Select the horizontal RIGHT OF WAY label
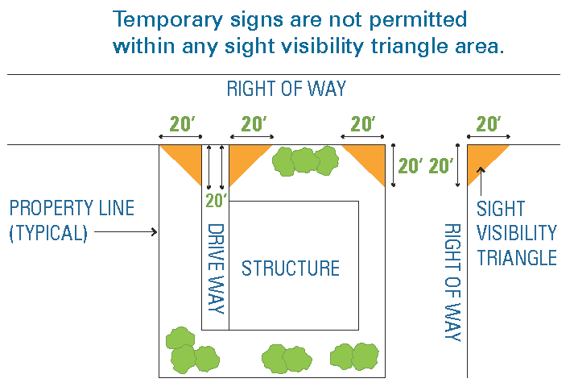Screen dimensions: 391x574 click(286, 89)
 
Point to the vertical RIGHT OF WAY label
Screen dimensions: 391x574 click(452, 282)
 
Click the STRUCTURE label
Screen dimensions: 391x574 click(291, 268)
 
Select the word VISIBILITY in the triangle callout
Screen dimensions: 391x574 click(516, 234)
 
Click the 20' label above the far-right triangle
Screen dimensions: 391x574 click(488, 124)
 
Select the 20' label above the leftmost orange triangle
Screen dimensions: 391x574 click(182, 124)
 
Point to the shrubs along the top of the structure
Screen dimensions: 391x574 click(304, 160)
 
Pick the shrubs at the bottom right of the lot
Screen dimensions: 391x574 click(355, 356)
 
